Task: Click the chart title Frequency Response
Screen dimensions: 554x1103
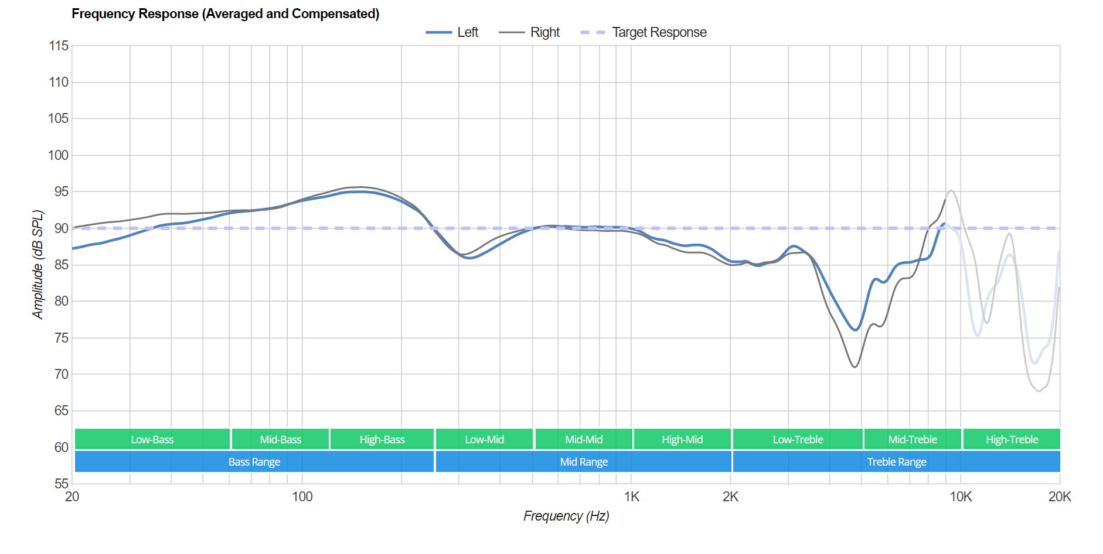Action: click(225, 13)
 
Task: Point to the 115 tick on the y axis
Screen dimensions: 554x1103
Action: click(59, 46)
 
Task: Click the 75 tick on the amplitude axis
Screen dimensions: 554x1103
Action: click(61, 338)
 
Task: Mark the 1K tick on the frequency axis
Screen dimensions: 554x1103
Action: click(631, 497)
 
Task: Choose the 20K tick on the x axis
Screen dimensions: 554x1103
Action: click(1059, 497)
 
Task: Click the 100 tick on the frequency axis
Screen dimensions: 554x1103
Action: click(302, 497)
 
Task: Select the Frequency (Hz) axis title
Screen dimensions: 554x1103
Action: click(566, 516)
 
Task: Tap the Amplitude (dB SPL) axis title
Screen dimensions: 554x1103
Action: click(38, 265)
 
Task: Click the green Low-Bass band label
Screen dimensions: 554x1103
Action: click(152, 439)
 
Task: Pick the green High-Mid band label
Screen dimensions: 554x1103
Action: click(682, 439)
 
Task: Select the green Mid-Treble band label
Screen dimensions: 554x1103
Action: click(913, 439)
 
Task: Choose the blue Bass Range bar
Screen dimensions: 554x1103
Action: click(254, 461)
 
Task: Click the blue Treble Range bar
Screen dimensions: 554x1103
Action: click(897, 461)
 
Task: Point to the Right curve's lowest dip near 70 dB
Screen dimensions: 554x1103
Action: click(855, 367)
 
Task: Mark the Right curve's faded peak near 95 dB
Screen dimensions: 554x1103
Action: click(951, 190)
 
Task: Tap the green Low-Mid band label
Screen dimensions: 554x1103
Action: click(484, 439)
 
